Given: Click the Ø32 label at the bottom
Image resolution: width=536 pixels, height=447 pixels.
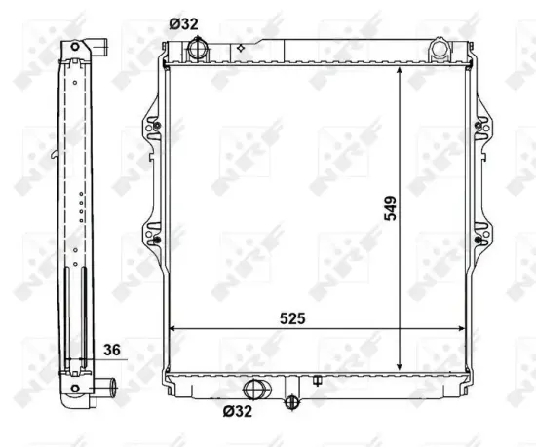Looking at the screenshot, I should coord(237,412).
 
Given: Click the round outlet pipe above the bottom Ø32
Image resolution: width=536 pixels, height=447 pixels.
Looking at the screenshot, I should coord(258,390).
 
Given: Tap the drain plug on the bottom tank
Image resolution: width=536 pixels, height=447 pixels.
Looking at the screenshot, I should coord(289,401).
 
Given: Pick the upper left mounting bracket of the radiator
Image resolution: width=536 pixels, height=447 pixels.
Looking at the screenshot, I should coord(153,126).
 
